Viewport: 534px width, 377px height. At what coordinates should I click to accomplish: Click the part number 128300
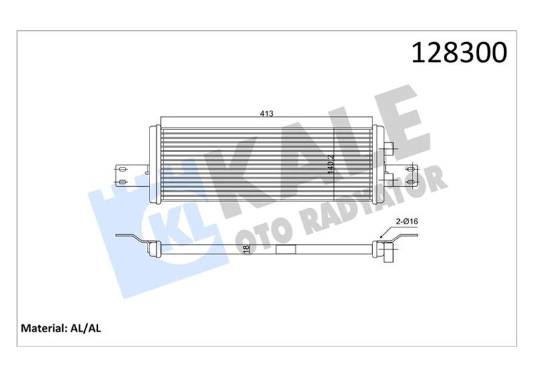(x=459, y=53)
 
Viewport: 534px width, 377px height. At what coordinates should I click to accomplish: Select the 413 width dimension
(x=266, y=113)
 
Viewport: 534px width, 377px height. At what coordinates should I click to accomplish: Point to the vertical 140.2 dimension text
(x=330, y=165)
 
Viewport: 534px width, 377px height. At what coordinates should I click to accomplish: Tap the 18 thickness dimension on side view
(x=246, y=250)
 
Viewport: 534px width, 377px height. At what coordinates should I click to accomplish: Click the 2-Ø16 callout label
(x=407, y=222)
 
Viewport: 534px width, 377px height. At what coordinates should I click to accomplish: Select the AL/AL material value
(x=85, y=328)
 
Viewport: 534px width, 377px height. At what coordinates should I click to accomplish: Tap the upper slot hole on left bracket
(x=122, y=168)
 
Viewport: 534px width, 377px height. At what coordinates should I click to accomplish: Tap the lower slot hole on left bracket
(x=122, y=183)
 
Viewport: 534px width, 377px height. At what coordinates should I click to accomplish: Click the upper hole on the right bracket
(x=412, y=168)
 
